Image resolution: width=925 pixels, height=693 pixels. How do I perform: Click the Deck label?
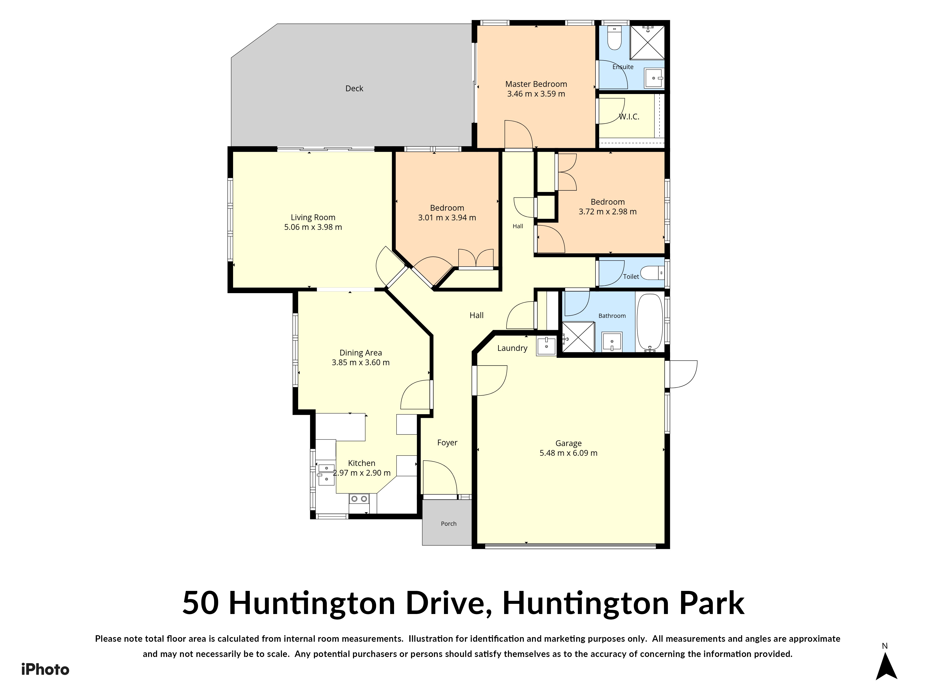coord(354,88)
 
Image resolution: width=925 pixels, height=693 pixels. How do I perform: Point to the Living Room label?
coord(313,217)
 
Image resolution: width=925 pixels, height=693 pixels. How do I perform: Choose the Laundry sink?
coord(546,345)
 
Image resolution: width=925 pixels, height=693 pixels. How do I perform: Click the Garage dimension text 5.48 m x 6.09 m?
coord(568,453)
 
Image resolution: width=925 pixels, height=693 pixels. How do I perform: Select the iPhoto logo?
coord(45,669)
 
